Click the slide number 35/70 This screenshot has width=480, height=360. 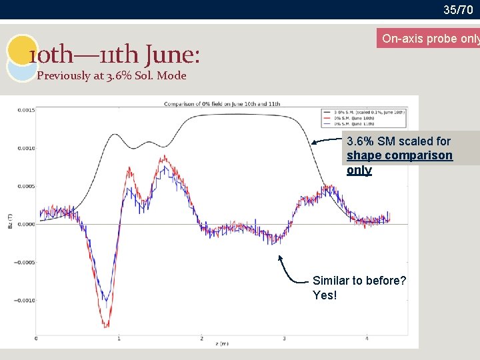tap(458, 9)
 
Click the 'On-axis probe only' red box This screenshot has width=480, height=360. tap(428, 39)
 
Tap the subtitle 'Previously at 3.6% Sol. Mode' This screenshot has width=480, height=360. tap(111, 75)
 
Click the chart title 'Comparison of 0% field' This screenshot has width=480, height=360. tap(222, 104)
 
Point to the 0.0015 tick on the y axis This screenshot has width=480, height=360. tap(26, 110)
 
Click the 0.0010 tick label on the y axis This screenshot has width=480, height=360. tap(26, 148)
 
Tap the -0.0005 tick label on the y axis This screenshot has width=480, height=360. tap(25, 262)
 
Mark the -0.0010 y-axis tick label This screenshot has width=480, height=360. tap(25, 300)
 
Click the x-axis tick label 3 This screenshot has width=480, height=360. tap(285, 339)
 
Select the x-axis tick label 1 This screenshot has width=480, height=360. tap(119, 339)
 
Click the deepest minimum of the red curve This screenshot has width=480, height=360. tap(105, 326)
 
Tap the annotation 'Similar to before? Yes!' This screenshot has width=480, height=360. tap(359, 287)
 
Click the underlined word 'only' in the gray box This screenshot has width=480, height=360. tap(359, 170)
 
